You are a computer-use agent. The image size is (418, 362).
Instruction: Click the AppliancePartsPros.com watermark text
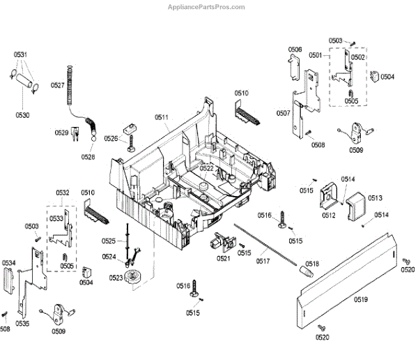(x=208, y=7)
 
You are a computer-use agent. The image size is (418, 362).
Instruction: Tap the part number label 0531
(x=21, y=54)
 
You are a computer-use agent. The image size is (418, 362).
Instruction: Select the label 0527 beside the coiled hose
(x=58, y=85)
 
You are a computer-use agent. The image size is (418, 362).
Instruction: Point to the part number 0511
(x=161, y=117)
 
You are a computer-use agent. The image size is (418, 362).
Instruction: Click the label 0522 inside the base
(x=207, y=168)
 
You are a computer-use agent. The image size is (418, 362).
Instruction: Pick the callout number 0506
(x=295, y=50)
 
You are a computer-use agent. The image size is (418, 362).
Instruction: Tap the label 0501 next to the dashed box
(x=315, y=54)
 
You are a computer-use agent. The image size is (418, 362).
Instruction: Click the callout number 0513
(x=376, y=198)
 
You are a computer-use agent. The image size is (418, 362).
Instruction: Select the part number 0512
(x=329, y=216)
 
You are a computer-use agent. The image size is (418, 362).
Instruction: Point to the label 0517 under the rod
(x=263, y=262)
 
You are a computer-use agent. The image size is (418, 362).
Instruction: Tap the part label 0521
(x=223, y=259)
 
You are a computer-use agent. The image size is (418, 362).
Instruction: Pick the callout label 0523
(x=116, y=278)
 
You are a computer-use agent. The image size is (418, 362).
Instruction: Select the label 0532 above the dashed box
(x=63, y=192)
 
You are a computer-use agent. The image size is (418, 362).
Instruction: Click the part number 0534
(x=8, y=263)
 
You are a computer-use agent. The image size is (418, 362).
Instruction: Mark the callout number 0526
(x=111, y=138)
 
